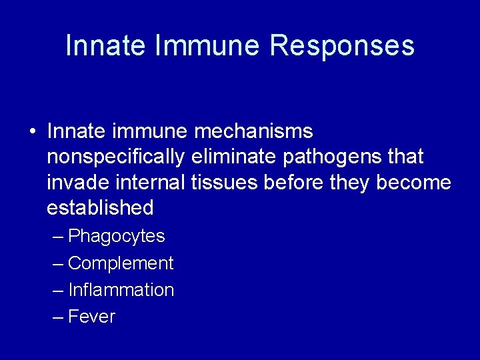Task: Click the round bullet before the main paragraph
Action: (33, 131)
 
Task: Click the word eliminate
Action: (235, 157)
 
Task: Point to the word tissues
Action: (225, 182)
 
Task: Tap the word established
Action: (100, 207)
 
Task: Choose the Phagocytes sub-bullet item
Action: (116, 236)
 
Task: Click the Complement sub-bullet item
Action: (120, 263)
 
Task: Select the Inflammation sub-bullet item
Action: (121, 290)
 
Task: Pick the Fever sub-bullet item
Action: (91, 317)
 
